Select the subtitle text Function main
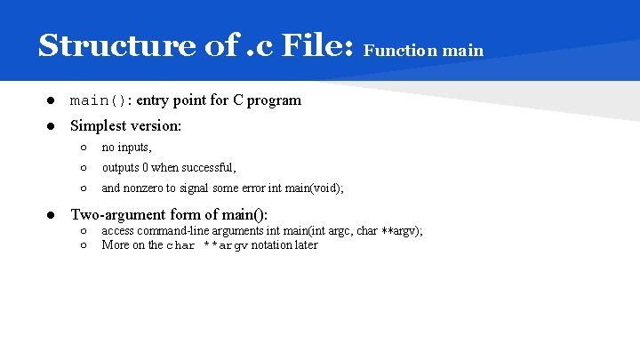click(x=423, y=50)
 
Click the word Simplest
click(x=100, y=126)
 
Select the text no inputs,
click(x=126, y=147)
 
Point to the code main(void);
click(x=314, y=188)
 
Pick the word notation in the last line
click(x=272, y=244)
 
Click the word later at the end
click(x=305, y=244)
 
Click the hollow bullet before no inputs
click(x=82, y=147)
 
